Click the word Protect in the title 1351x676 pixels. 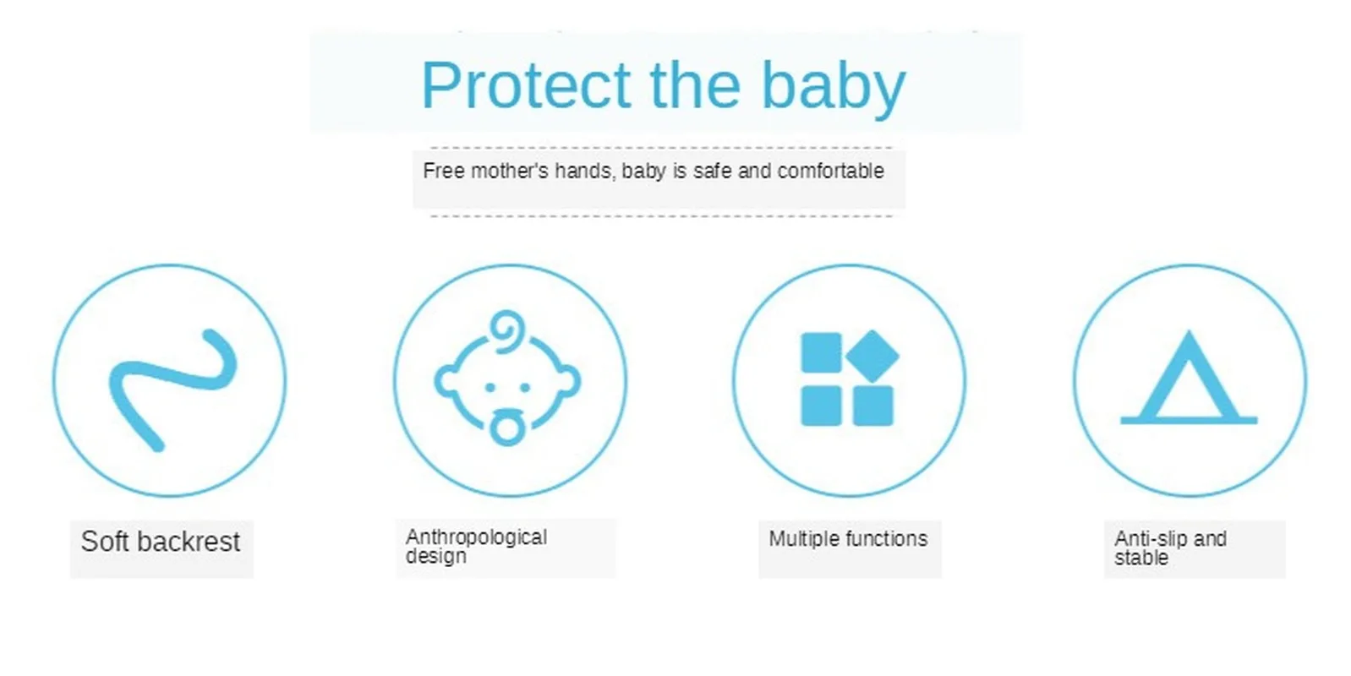(527, 85)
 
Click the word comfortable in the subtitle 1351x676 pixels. (830, 171)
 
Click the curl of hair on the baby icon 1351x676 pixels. (507, 330)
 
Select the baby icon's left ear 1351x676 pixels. (447, 381)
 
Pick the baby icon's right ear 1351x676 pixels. (568, 381)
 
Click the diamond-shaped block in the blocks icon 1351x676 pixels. (872, 356)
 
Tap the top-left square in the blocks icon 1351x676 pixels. (821, 352)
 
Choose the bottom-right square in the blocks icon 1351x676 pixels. (872, 406)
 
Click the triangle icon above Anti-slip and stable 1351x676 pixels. (1189, 378)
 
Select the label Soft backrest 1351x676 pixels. (161, 542)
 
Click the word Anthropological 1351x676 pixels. (476, 537)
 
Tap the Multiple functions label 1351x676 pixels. (848, 538)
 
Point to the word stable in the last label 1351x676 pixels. (1141, 558)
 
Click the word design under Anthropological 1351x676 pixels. (435, 556)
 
